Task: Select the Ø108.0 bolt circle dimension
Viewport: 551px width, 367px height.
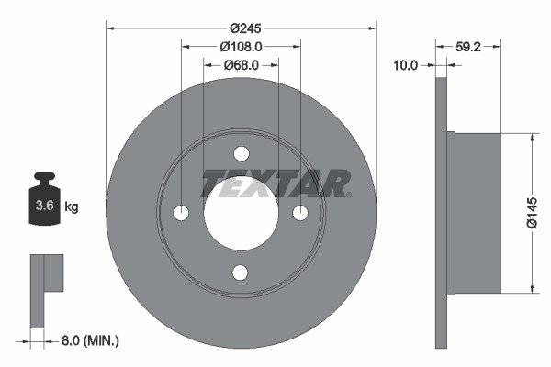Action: point(241,46)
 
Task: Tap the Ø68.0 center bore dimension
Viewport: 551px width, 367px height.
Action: point(241,65)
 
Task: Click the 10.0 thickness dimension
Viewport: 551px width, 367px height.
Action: point(405,65)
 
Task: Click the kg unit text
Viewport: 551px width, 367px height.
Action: point(72,207)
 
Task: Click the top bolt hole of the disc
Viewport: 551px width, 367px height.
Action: point(241,153)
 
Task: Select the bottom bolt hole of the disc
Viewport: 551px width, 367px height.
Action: point(241,272)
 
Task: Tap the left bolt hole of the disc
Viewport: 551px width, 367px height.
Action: point(181,213)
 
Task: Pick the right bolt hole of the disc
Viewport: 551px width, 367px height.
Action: point(300,213)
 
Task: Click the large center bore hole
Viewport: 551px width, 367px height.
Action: point(241,213)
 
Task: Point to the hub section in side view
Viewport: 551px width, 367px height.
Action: point(478,213)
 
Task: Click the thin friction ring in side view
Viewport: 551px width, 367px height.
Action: point(441,213)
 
